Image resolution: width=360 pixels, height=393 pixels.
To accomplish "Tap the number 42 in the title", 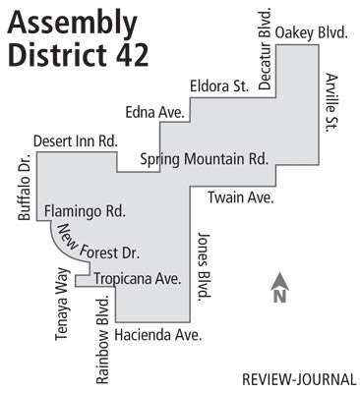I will tap(128, 55).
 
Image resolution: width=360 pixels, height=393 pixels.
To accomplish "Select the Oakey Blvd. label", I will tap(312, 33).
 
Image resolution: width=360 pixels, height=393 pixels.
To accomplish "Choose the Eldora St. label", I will tap(219, 85).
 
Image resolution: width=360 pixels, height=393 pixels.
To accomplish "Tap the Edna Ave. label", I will tap(155, 113).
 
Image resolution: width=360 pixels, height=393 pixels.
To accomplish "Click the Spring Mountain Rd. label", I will tap(204, 158).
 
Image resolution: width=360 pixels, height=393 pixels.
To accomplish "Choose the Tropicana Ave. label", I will tap(138, 278).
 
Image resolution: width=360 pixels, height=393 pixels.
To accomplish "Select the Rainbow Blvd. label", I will tap(101, 339).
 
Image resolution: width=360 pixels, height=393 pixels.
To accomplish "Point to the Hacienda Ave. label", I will tap(157, 336).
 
